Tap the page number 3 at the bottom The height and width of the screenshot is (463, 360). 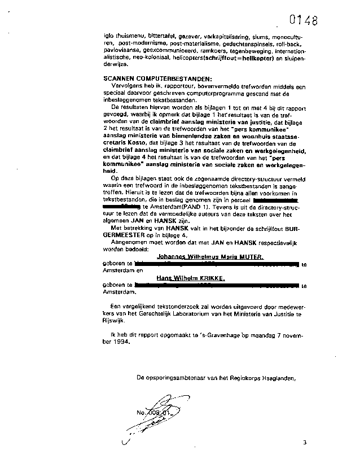pos(304,442)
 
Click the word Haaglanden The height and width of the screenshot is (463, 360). pos(278,377)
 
